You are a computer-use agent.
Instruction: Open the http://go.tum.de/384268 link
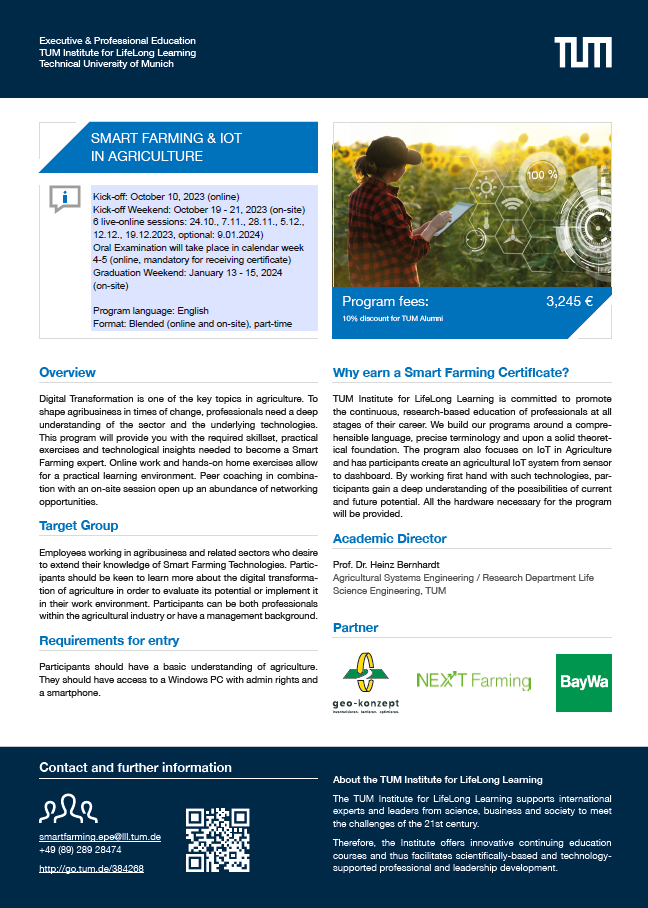pos(91,869)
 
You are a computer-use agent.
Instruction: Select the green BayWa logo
pos(583,683)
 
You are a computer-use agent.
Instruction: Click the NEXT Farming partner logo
pos(473,682)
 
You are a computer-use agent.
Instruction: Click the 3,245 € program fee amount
pos(569,300)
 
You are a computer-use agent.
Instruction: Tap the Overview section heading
pos(67,373)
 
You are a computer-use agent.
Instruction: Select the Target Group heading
pos(78,526)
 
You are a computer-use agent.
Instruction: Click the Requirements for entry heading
pos(109,641)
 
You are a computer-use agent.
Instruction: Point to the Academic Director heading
pos(389,538)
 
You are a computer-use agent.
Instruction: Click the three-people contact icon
pos(67,808)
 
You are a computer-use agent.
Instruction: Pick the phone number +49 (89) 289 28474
pos(80,849)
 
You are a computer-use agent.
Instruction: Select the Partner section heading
pos(356,629)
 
